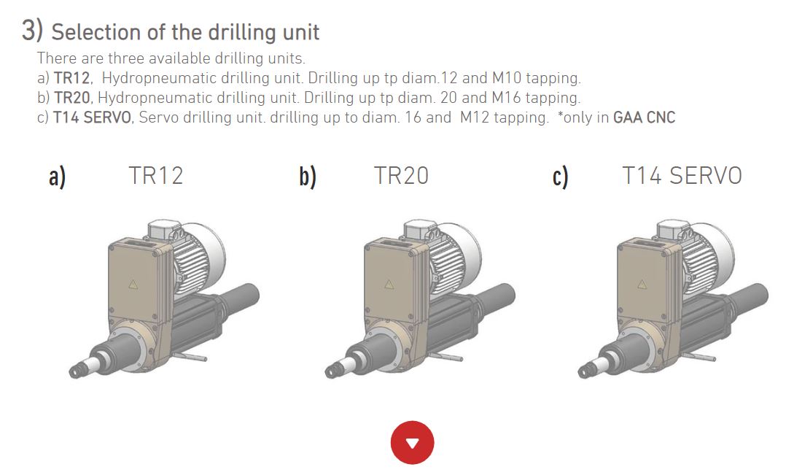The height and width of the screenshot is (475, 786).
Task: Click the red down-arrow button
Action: (412, 442)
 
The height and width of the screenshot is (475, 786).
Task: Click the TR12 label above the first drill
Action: (156, 176)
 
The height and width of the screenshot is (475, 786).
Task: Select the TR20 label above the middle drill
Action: (402, 176)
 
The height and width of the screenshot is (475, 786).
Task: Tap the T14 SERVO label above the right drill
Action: (682, 176)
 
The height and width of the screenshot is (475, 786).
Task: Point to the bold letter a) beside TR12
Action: (57, 177)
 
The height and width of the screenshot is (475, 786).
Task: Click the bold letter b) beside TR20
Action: (308, 177)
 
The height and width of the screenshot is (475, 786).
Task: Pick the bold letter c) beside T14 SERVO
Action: (561, 177)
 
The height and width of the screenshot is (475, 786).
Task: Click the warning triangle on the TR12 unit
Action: (133, 285)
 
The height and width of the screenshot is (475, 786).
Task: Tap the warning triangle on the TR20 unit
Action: (389, 285)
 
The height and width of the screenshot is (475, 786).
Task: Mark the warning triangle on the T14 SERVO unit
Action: (642, 285)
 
